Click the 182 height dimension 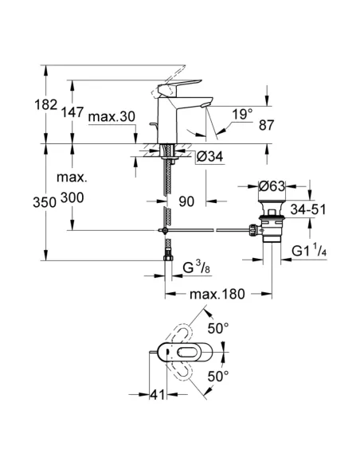pos(46,105)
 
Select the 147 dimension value pos(72,112)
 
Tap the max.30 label pos(112,116)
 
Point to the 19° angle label pos(242,115)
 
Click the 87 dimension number pos(266,125)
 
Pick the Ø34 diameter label pos(209,156)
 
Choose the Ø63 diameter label pos(272,186)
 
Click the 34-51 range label pos(307,209)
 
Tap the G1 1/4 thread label pos(309,251)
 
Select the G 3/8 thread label pos(197,268)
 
